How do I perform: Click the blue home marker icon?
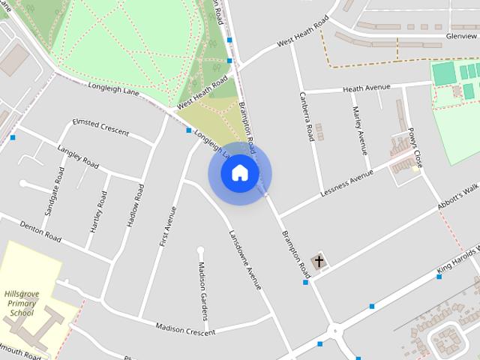coord(240,173)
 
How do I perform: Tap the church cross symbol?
coord(319,262)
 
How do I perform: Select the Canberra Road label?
coord(306,117)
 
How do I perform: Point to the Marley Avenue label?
coord(359,127)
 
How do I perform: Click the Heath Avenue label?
coord(367,88)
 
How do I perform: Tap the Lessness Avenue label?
coord(346,179)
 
